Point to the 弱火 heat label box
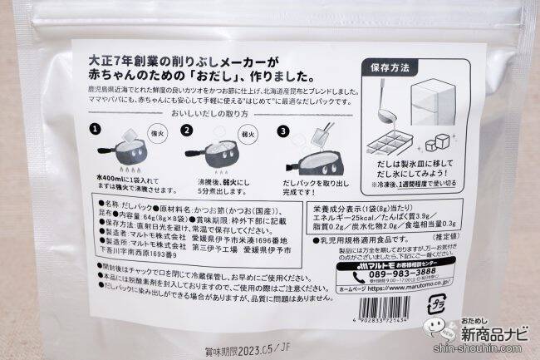[246, 131]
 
